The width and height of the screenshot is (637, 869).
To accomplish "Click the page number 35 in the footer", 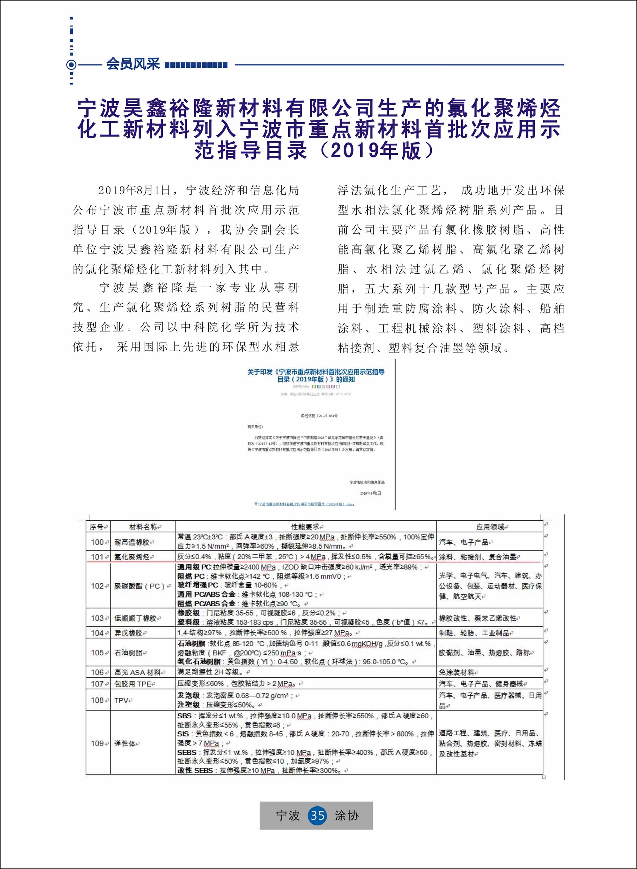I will pyautogui.click(x=317, y=816).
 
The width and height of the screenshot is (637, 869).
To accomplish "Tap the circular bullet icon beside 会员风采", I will pyautogui.click(x=71, y=65).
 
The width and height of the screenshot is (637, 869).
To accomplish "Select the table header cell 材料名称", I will pyautogui.click(x=143, y=527).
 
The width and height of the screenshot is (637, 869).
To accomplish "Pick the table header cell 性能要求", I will pyautogui.click(x=306, y=527).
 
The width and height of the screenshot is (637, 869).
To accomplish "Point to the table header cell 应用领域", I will pyautogui.click(x=490, y=527).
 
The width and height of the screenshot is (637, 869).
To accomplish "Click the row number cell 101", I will pyautogui.click(x=97, y=557).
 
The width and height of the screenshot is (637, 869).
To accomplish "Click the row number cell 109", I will pyautogui.click(x=97, y=743).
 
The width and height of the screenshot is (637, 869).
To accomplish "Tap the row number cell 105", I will pyautogui.click(x=97, y=653).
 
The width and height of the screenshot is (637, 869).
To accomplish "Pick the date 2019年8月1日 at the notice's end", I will pyautogui.click(x=370, y=493).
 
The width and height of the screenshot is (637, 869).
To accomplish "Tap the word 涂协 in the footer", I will pyautogui.click(x=346, y=816).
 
